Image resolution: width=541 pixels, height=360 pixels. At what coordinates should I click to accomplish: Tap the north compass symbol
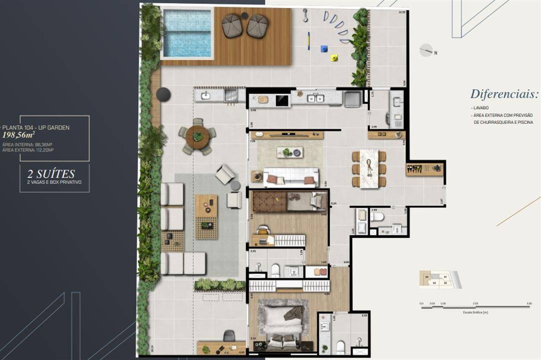(x=426, y=50)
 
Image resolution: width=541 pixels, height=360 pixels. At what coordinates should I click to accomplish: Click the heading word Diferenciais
(x=504, y=95)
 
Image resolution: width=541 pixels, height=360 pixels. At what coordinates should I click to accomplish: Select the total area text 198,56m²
(x=19, y=135)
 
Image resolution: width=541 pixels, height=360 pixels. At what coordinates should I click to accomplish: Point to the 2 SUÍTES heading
(x=51, y=174)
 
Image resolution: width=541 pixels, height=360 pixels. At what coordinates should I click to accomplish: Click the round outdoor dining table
(x=198, y=136)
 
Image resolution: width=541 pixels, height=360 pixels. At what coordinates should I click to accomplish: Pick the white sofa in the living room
(x=291, y=177)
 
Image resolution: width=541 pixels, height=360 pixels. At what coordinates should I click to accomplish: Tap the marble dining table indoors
(x=369, y=168)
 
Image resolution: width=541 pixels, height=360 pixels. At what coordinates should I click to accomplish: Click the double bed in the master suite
(x=283, y=324)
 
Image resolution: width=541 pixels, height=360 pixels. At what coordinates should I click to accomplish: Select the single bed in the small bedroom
(x=306, y=201)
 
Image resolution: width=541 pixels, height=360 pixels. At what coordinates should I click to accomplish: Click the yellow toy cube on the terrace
(x=334, y=58)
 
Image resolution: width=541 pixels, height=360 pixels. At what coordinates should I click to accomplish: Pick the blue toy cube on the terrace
(x=324, y=49)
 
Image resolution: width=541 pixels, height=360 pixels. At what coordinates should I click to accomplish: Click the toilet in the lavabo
(x=377, y=216)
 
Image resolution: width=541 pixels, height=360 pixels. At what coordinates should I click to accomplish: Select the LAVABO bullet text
(x=481, y=108)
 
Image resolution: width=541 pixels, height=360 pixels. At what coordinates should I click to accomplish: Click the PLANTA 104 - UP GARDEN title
(x=36, y=128)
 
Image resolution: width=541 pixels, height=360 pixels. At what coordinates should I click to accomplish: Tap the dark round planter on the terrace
(x=163, y=94)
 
